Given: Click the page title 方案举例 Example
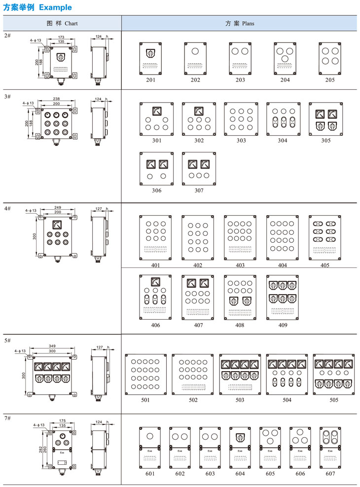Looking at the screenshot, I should tap(37, 7).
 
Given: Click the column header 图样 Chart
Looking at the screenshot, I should tap(62, 23).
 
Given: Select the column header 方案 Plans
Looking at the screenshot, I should tap(240, 23).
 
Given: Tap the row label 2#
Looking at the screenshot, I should tap(7, 36).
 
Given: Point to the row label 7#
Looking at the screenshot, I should tap(7, 418).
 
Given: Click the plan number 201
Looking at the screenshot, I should tap(150, 80).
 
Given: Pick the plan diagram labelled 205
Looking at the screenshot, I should tap(330, 58).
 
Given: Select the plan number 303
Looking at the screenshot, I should tap(241, 141).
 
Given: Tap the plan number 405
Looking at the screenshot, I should tap(325, 265).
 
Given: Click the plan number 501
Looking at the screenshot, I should tap(145, 400).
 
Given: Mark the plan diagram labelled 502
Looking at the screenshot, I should tap(193, 374).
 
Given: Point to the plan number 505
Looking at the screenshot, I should tap(334, 400).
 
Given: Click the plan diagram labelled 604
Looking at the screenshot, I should tap(240, 448).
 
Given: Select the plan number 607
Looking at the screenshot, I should tap(330, 474).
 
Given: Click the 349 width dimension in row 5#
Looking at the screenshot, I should tap(52, 346).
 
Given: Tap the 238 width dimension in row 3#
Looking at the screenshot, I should tap(56, 99).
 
